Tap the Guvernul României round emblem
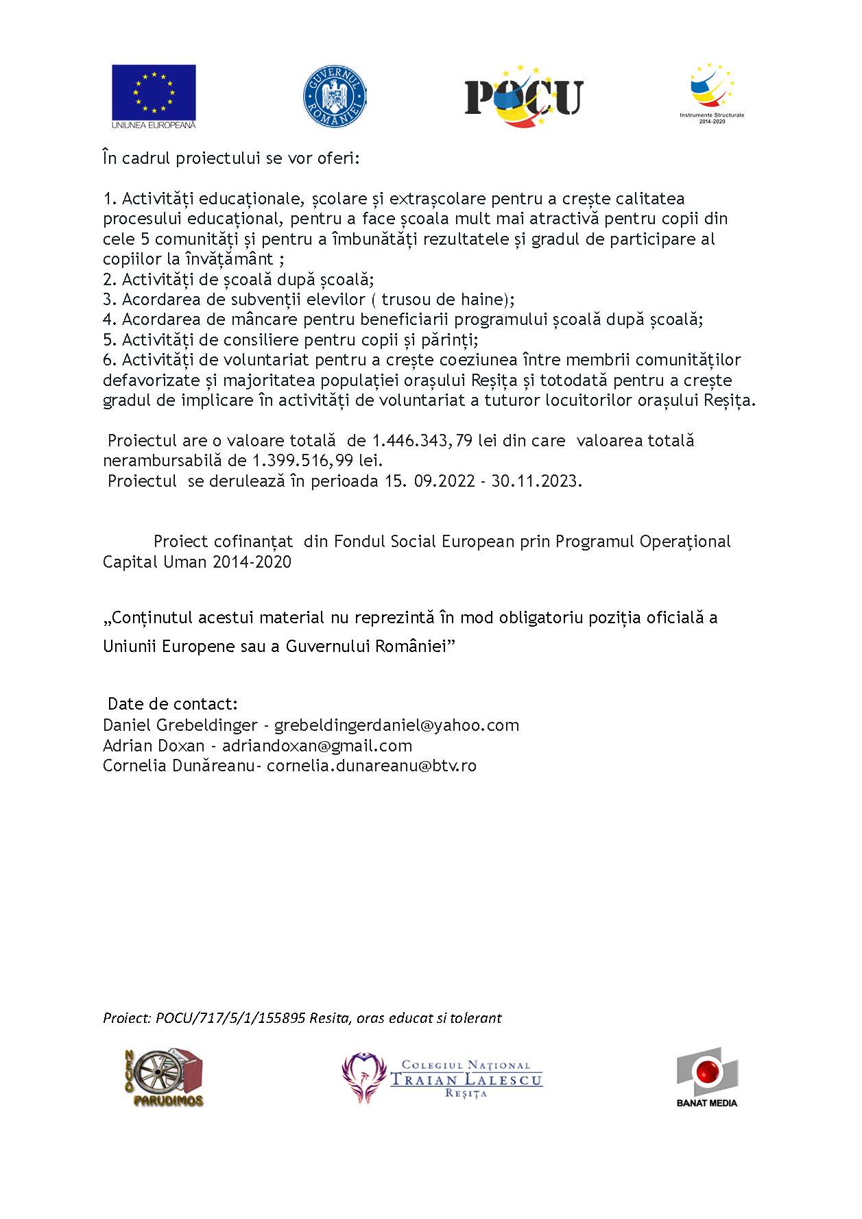[334, 96]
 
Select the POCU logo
[524, 96]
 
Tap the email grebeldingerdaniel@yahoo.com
[396, 725]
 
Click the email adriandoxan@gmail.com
[317, 746]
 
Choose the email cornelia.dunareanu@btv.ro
[371, 766]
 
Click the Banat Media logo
[707, 1077]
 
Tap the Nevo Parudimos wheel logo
[163, 1077]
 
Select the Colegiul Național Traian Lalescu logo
[442, 1077]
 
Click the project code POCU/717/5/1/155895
[230, 1018]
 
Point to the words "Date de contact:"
[173, 705]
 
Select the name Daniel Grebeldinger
[180, 725]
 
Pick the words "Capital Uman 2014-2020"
[197, 562]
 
